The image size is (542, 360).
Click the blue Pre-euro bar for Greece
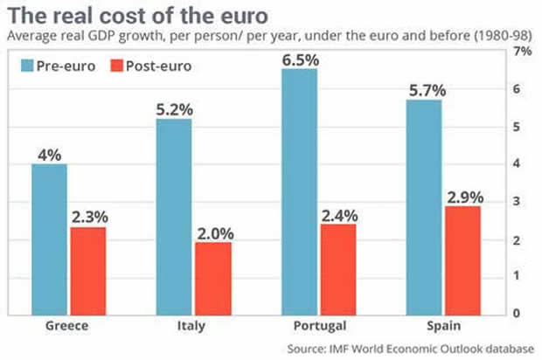pyautogui.click(x=49, y=238)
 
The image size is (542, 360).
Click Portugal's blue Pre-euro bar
pyautogui.click(x=299, y=190)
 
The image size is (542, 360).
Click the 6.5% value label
pyautogui.click(x=299, y=59)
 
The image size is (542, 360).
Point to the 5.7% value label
pyautogui.click(x=424, y=90)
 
